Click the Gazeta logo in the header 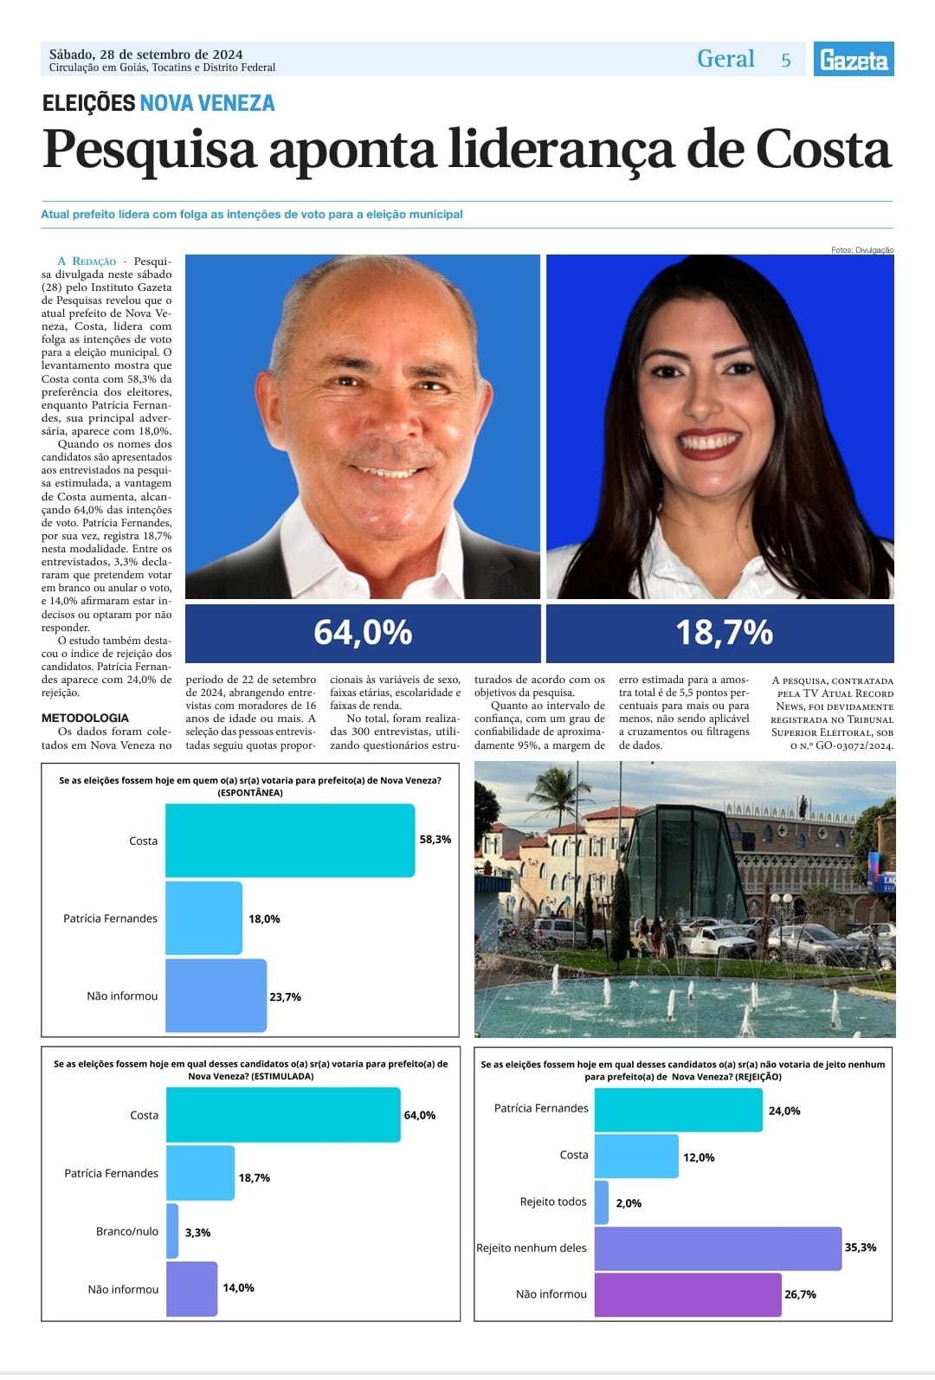pyautogui.click(x=853, y=59)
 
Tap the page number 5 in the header pyautogui.click(x=786, y=60)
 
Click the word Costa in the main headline pyautogui.click(x=822, y=149)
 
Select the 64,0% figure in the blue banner pyautogui.click(x=363, y=632)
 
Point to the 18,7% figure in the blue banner pyautogui.click(x=724, y=632)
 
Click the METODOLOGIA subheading pyautogui.click(x=85, y=718)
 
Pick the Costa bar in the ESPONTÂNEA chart pyautogui.click(x=289, y=840)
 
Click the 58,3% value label pyautogui.click(x=435, y=840)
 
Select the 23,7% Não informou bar pyautogui.click(x=216, y=996)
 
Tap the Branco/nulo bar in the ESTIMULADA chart pyautogui.click(x=172, y=1231)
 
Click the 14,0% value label pyautogui.click(x=238, y=1288)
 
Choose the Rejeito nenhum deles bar pyautogui.click(x=718, y=1248)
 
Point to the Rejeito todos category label pyautogui.click(x=553, y=1202)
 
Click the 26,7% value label pyautogui.click(x=800, y=1294)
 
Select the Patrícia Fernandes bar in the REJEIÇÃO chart pyautogui.click(x=678, y=1110)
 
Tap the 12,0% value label pyautogui.click(x=699, y=1158)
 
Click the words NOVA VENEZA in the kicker pyautogui.click(x=207, y=104)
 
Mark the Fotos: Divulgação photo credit pyautogui.click(x=861, y=250)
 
